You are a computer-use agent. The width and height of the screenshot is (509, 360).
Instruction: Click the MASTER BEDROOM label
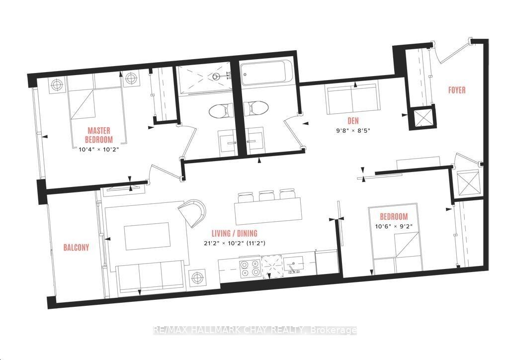[99, 135]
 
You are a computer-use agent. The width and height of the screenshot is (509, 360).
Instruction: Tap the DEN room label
[353, 121]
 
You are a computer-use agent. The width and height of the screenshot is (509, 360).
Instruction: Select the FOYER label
[457, 90]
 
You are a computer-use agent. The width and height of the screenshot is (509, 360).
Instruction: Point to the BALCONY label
[76, 247]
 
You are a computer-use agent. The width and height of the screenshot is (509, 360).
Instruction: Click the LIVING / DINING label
[235, 233]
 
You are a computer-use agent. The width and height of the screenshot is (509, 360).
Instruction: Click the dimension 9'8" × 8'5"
[353, 131]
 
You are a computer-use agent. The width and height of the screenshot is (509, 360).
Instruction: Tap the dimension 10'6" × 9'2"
[394, 226]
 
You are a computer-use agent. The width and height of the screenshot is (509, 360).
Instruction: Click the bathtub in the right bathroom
[266, 73]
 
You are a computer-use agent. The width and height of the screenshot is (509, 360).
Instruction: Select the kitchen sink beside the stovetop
[293, 265]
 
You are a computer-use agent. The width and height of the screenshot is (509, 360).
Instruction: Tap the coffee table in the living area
[147, 236]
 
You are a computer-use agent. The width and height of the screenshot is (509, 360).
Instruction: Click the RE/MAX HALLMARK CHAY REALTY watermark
[255, 331]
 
